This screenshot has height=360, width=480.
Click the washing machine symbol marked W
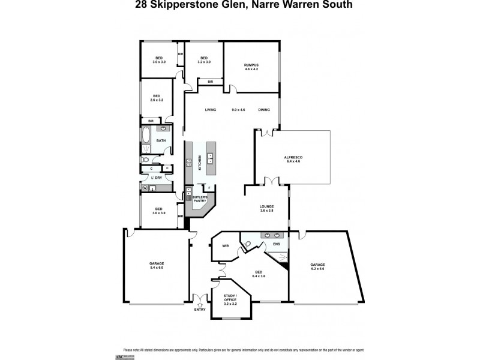(x=145, y=188)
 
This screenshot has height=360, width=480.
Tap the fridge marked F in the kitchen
(x=209, y=187)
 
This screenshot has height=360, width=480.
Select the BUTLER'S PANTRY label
(x=200, y=199)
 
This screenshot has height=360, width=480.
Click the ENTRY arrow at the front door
(x=200, y=305)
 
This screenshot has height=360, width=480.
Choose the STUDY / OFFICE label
(x=230, y=300)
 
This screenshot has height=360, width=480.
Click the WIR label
(x=226, y=245)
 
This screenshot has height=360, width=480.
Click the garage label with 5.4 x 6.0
(x=157, y=265)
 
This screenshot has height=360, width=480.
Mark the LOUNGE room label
(x=267, y=208)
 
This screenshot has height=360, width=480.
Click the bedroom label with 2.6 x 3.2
(x=157, y=98)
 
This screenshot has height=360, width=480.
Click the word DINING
(x=264, y=110)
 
